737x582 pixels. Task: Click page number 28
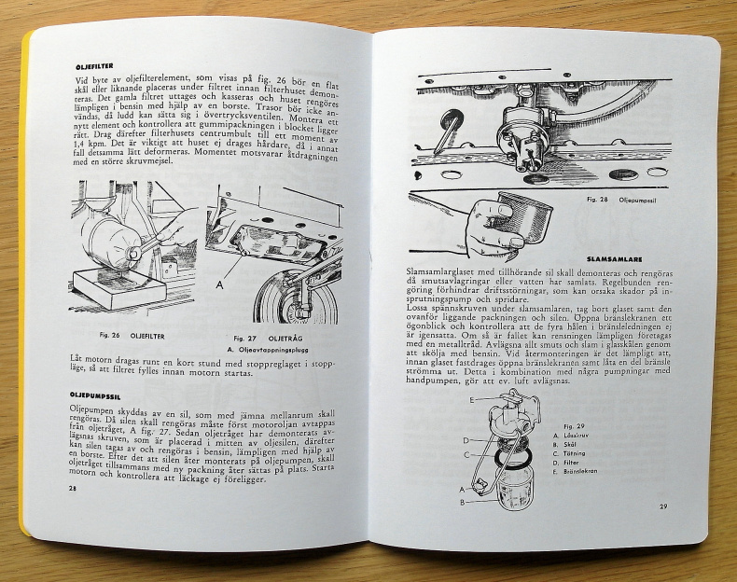[x=73, y=488]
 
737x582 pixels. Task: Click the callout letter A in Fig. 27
[x=219, y=279]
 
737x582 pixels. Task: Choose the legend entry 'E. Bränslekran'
[x=591, y=472]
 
